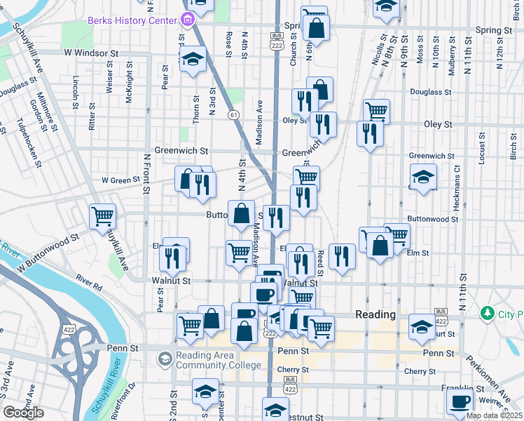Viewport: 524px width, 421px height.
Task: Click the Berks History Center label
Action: tap(132, 20)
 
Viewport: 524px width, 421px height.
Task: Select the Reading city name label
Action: tap(376, 314)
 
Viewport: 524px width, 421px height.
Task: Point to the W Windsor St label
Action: tap(90, 53)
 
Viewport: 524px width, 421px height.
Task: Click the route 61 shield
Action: tap(233, 114)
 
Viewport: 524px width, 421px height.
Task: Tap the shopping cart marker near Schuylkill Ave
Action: tap(102, 215)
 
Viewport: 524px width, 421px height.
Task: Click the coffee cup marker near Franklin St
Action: tap(460, 401)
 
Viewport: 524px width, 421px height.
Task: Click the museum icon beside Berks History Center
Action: tap(186, 20)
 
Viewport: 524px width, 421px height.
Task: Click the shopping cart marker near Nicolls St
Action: tap(376, 110)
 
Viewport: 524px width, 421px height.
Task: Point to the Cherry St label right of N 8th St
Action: tap(420, 371)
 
